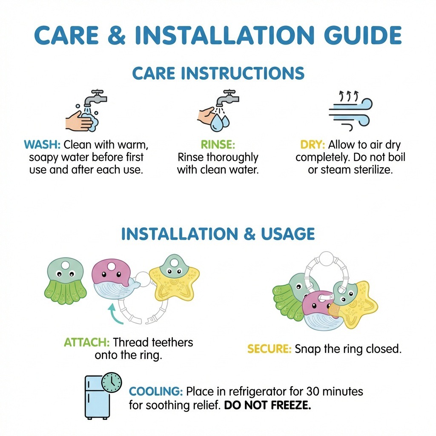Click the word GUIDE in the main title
coord(363,35)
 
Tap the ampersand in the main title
coord(116,35)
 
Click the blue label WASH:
coord(42,145)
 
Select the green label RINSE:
coord(218,145)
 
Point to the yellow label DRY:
coord(313,145)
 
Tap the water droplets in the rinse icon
coord(220,122)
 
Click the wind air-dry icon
coord(351,110)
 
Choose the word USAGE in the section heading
coord(288,234)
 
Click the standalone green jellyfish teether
coord(65,281)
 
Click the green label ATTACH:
coord(87,342)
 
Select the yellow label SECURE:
coord(269,349)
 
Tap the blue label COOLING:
coord(156,392)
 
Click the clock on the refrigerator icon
coord(112,382)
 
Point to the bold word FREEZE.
coord(291,405)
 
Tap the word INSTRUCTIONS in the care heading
coord(242,73)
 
